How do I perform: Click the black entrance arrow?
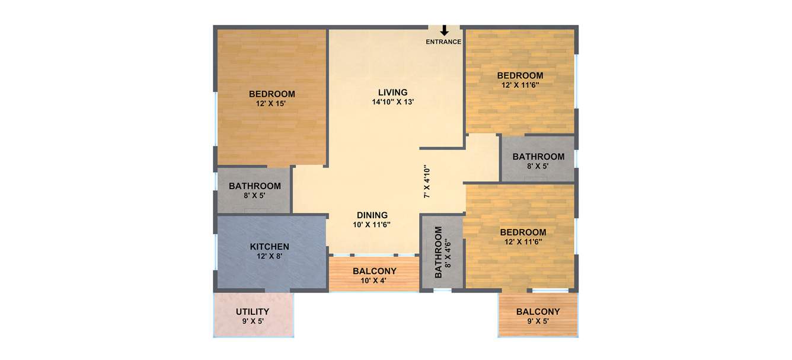(x=444, y=31)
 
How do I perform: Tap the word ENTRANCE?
(x=443, y=42)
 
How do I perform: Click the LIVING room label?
(x=393, y=93)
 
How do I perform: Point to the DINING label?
(x=372, y=215)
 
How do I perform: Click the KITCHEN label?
(x=269, y=247)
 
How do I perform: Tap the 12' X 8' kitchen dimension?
(x=269, y=257)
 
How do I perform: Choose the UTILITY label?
(x=253, y=312)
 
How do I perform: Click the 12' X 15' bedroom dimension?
(x=272, y=104)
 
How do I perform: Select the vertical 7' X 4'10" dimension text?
(x=426, y=181)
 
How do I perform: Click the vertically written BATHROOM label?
(x=439, y=252)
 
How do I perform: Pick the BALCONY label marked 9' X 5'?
(x=538, y=312)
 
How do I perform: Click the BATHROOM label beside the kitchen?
(x=255, y=186)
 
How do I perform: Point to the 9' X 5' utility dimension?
(x=253, y=321)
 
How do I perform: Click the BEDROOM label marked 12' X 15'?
(x=272, y=94)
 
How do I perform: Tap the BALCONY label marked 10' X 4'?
(x=375, y=271)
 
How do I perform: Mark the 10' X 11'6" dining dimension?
(x=372, y=225)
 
